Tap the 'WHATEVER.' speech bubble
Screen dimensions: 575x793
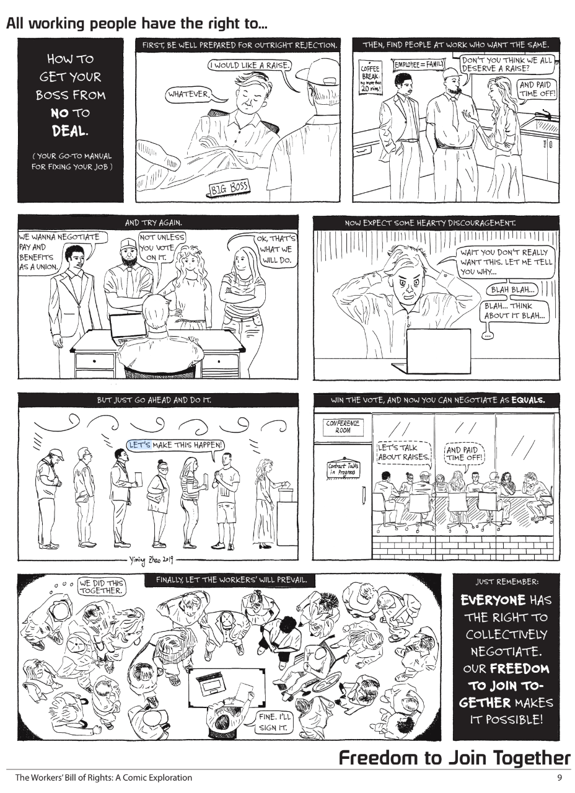point(190,94)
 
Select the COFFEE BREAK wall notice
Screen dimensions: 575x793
point(370,78)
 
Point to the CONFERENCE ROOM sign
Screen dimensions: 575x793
point(343,427)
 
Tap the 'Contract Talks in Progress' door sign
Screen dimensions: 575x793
point(343,469)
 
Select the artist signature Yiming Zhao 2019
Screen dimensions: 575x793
point(151,560)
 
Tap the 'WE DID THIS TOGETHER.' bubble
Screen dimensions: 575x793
point(101,587)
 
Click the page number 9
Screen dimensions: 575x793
point(560,777)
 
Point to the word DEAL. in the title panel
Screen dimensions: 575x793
point(70,131)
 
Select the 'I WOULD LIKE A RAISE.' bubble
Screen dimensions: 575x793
point(250,65)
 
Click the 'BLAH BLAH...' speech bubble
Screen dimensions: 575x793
point(512,290)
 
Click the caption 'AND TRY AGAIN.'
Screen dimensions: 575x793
point(154,223)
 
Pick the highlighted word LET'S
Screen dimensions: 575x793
point(140,445)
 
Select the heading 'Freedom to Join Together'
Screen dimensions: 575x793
point(455,758)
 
